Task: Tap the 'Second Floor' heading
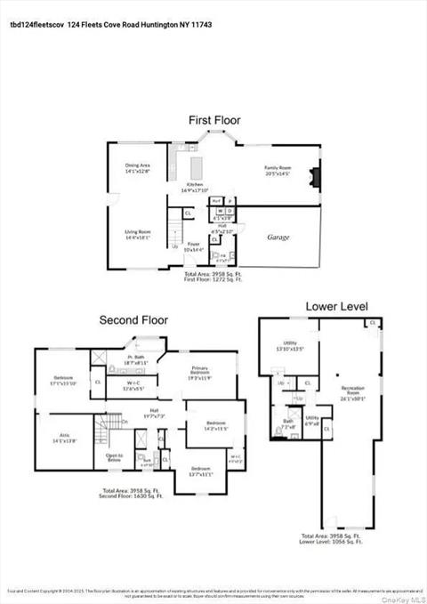tap(133, 320)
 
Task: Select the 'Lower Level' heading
tap(336, 306)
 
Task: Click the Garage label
tap(278, 238)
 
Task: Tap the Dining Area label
tap(137, 166)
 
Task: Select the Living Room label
tap(136, 236)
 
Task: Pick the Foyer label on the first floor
tap(193, 246)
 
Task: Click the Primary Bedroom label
tap(200, 375)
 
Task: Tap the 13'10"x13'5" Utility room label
tap(289, 348)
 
